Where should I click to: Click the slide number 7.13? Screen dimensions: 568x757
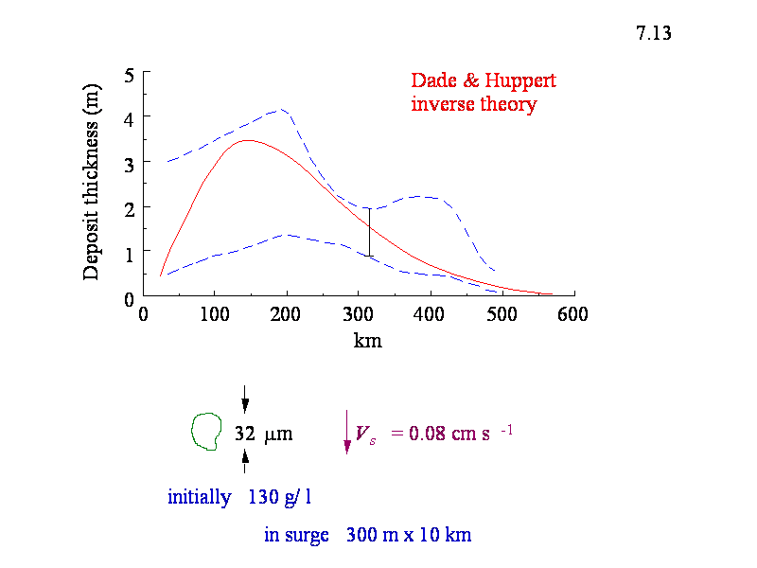click(x=654, y=34)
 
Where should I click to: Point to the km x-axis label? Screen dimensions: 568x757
click(x=367, y=341)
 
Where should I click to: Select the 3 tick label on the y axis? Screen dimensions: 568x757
click(x=130, y=163)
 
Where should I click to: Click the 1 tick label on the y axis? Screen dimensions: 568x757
click(x=130, y=253)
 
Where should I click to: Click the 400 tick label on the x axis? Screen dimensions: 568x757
click(x=431, y=315)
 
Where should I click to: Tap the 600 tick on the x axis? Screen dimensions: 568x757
click(x=573, y=315)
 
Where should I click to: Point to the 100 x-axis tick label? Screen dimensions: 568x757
click(x=215, y=315)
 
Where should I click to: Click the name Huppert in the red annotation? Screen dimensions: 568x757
click(x=522, y=81)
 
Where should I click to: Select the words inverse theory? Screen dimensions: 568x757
click(x=473, y=104)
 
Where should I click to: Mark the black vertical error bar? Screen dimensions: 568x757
click(x=369, y=232)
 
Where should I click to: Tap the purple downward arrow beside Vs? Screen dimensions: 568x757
click(x=347, y=435)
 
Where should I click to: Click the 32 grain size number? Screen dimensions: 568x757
click(x=245, y=435)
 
